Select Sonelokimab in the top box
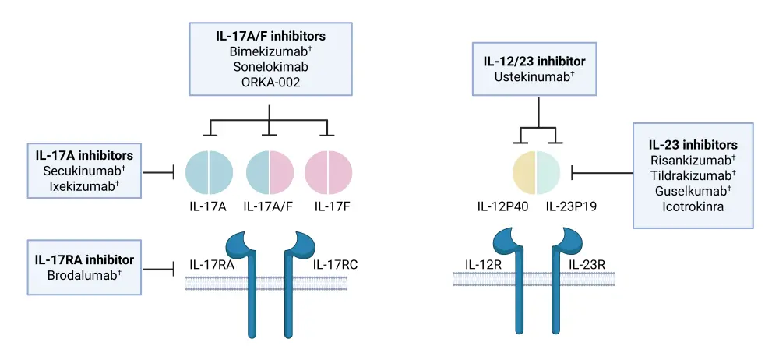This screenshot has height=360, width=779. point(270,66)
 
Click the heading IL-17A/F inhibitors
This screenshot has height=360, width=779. point(270,35)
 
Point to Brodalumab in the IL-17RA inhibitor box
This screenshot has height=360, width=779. point(83,274)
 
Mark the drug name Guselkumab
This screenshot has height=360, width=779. point(691,192)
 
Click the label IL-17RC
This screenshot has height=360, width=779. point(336,265)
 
